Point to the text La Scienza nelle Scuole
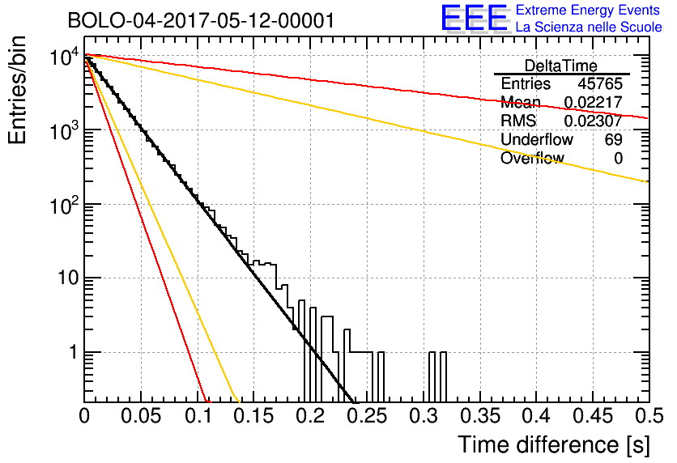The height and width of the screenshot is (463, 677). click(x=589, y=27)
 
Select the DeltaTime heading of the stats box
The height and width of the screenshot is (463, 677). click(x=561, y=66)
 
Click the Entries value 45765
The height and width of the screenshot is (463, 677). click(x=600, y=83)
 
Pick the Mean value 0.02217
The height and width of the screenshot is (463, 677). click(x=593, y=102)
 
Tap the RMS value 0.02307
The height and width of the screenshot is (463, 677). click(x=593, y=121)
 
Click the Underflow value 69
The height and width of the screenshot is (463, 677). click(x=613, y=139)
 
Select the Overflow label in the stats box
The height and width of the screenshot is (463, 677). click(x=531, y=158)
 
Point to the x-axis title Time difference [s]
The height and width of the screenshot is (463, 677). click(x=552, y=444)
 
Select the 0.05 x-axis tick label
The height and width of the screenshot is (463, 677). click(x=141, y=416)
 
